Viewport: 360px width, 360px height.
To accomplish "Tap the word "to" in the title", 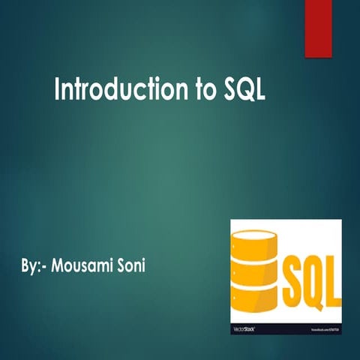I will pyautogui.click(x=204, y=91).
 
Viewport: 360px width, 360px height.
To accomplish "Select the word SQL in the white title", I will pyautogui.click(x=245, y=91).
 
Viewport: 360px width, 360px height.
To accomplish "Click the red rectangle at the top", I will pyautogui.click(x=317, y=28).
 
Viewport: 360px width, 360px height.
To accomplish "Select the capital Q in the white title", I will pyautogui.click(x=245, y=91).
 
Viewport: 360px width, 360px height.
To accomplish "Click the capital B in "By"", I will pyautogui.click(x=25, y=266).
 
